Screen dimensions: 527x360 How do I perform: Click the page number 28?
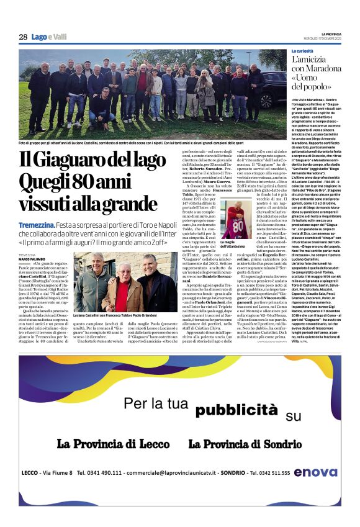[x=22, y=37]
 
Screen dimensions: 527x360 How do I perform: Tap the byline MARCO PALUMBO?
[x=31, y=259]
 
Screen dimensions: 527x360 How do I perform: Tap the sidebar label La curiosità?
[x=305, y=50]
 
